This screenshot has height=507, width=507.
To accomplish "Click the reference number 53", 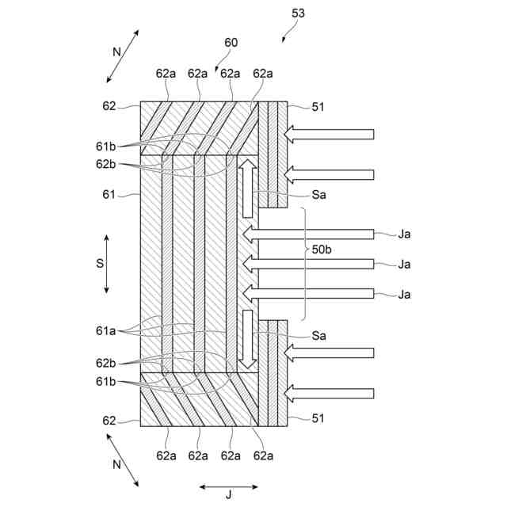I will click(x=298, y=13).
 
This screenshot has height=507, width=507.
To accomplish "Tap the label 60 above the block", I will click(x=231, y=42).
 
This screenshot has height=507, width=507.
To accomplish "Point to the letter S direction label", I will click(x=101, y=264).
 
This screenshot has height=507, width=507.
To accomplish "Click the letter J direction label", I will click(x=229, y=496).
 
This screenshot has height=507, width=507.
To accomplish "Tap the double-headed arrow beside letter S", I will click(x=108, y=264).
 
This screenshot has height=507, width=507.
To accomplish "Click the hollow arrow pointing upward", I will click(x=248, y=187).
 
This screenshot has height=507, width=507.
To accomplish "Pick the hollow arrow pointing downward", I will click(x=248, y=339).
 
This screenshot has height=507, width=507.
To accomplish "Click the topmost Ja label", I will click(x=405, y=234).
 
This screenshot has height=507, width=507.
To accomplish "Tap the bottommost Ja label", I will click(x=405, y=294).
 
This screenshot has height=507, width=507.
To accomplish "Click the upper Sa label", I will click(x=319, y=194).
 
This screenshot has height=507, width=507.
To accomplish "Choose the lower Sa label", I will click(x=319, y=335).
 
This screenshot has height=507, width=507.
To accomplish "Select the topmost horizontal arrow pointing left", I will click(x=329, y=134).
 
